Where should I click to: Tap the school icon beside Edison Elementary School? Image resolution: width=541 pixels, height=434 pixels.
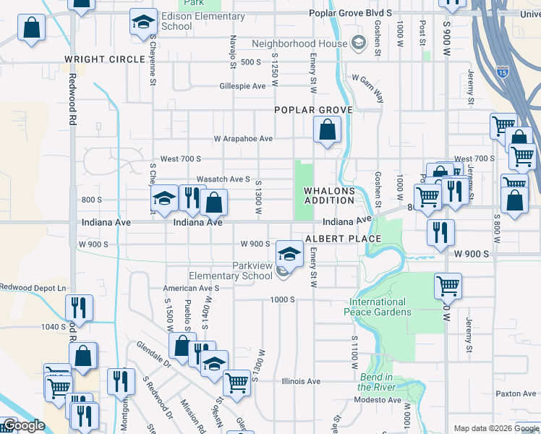coord(143,22)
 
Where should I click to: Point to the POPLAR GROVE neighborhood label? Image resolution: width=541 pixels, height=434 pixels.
coord(312,110)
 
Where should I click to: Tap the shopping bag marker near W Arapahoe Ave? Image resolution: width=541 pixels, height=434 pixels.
coord(327,131)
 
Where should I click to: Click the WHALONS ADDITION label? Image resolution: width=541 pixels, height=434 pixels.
coord(329,195)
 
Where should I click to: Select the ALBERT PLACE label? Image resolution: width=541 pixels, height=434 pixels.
coord(333,239)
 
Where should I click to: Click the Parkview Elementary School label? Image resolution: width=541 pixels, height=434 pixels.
coord(231,271)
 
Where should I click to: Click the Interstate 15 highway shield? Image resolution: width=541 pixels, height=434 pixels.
coord(503,72)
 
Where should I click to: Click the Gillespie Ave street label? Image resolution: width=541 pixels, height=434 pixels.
coord(244,85)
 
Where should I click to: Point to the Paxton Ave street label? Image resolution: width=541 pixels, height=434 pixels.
coord(514,394)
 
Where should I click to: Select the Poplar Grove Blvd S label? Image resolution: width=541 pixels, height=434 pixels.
coord(349,13)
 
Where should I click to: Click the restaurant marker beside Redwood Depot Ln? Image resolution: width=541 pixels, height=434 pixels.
coord(79,307)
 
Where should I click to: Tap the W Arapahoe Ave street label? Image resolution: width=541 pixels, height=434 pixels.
coord(242,138)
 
